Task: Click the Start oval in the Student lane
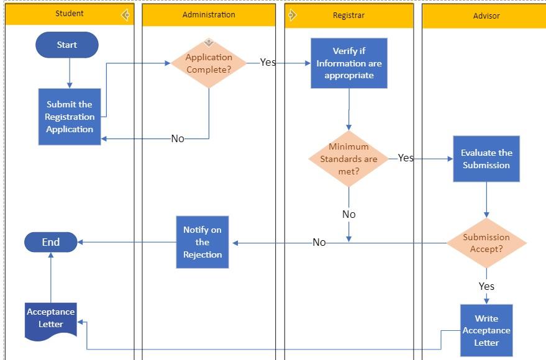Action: (x=67, y=45)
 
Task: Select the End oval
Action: (x=51, y=242)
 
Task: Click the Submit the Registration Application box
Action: (x=70, y=117)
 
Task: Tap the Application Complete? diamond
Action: (x=209, y=63)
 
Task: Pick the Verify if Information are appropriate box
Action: (x=349, y=63)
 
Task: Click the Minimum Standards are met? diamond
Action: (x=348, y=159)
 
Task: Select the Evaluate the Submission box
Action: (x=486, y=159)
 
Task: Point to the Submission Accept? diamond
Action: (x=486, y=243)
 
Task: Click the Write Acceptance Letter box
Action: (x=486, y=330)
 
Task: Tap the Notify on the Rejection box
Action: (x=202, y=242)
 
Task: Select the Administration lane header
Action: (x=209, y=14)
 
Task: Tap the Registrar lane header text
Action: (x=348, y=14)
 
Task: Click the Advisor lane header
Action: (x=486, y=16)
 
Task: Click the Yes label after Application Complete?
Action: (x=268, y=62)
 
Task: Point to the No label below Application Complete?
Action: (x=178, y=138)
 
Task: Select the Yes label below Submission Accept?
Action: (x=486, y=286)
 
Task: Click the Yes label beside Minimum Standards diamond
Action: (x=406, y=158)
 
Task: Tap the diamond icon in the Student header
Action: (x=125, y=14)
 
